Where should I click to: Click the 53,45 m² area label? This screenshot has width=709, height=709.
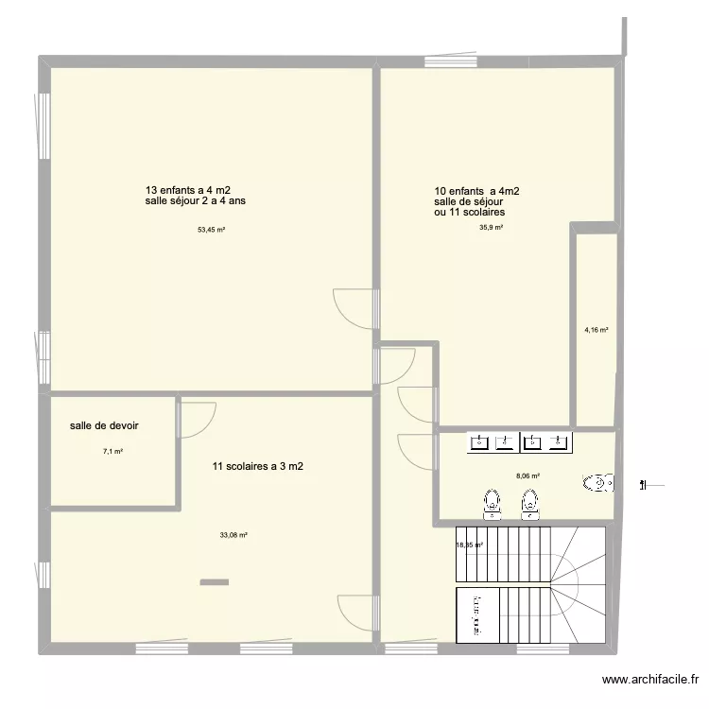click(211, 230)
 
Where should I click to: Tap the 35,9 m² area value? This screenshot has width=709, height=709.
click(491, 228)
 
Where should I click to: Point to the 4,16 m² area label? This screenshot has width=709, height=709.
click(596, 330)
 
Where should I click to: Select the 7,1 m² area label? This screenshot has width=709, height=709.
click(113, 451)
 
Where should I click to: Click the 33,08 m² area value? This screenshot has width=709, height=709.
click(233, 535)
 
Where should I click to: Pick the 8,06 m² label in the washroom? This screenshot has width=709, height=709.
click(527, 476)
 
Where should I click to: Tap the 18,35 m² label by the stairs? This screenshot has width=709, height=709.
click(469, 545)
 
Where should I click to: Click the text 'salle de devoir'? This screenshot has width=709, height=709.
click(104, 425)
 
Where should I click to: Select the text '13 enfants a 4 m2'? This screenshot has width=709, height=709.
click(188, 190)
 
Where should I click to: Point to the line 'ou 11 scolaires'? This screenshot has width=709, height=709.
click(469, 212)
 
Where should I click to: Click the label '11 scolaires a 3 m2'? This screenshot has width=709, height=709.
click(258, 466)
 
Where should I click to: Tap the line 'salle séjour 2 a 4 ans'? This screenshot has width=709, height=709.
click(196, 200)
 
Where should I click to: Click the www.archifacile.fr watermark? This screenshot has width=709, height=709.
click(650, 679)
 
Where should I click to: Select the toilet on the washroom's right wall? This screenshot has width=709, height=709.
click(598, 483)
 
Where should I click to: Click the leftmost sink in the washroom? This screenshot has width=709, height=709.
click(479, 441)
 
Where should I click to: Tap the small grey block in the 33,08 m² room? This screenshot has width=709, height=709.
click(215, 582)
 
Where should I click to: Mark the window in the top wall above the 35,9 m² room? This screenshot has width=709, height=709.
click(451, 61)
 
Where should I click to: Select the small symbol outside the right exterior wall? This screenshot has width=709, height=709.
click(652, 486)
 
